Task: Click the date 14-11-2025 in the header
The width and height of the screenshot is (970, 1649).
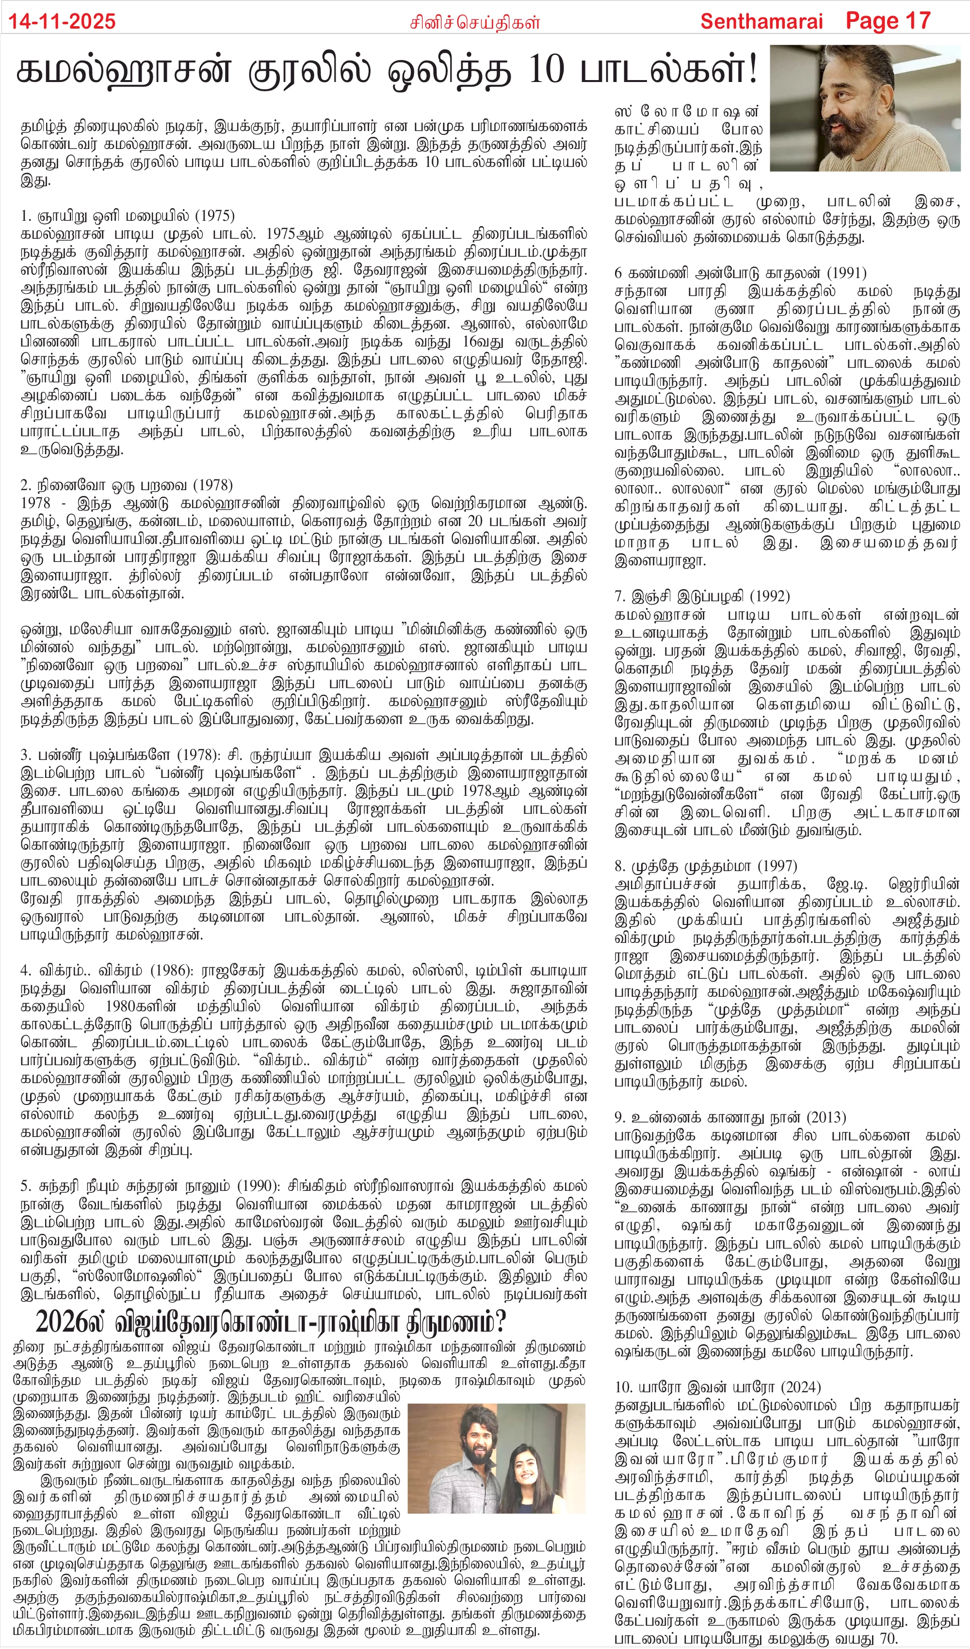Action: [x=62, y=21]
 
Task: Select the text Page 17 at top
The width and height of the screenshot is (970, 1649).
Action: [x=888, y=21]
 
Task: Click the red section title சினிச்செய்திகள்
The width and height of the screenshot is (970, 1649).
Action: [x=475, y=22]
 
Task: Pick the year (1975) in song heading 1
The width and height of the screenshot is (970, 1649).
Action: [x=214, y=216]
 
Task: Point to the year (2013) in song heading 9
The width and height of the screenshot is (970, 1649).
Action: [x=825, y=1117]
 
